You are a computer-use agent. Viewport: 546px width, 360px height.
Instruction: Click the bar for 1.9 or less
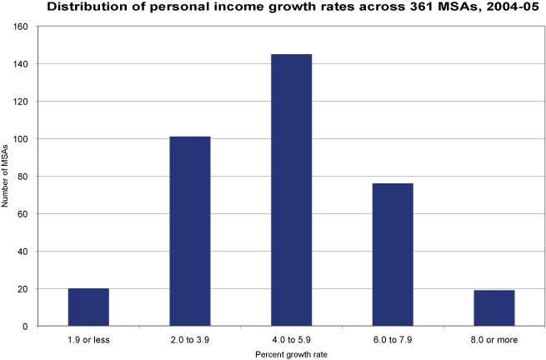coord(88,307)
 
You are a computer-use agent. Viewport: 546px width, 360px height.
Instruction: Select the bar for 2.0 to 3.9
coord(190,231)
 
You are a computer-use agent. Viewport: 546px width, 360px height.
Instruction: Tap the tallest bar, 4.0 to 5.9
coord(291,190)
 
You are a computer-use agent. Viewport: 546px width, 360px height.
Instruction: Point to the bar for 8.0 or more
coord(494,307)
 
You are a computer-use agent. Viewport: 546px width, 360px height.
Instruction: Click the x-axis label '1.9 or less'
coord(88,339)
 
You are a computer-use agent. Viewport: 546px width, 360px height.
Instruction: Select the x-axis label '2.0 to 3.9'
coord(190,339)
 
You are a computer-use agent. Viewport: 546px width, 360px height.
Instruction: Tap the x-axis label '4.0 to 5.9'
coord(291,339)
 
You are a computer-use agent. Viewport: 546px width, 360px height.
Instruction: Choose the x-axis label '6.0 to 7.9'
coord(393,339)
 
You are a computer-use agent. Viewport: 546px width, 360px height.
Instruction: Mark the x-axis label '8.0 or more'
coord(494,339)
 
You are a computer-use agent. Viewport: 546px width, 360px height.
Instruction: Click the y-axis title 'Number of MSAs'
coord(8,176)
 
